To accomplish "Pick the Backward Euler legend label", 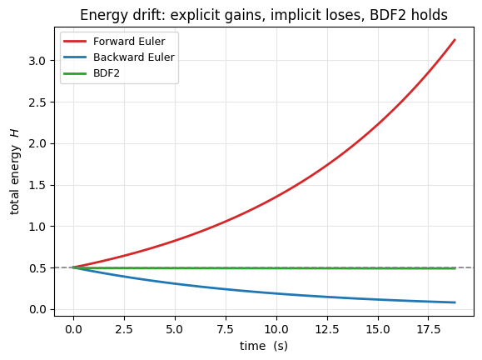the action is [x=134, y=57].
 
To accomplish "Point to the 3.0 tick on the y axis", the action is [x=37, y=61].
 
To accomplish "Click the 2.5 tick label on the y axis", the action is [x=37, y=102].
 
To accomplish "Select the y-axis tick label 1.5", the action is [x=37, y=185].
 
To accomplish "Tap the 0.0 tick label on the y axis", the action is [x=37, y=309].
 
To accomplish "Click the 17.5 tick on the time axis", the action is [x=429, y=329].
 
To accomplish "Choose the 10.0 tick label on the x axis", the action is [x=276, y=329].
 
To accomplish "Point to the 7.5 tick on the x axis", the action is [x=226, y=329].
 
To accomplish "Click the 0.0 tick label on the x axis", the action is [x=73, y=329].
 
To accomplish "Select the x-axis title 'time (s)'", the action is [x=264, y=346].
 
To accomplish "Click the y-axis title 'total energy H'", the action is [x=14, y=172].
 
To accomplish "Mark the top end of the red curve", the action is [x=455, y=40].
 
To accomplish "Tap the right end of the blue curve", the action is [x=455, y=302].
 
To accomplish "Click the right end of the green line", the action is [x=455, y=268].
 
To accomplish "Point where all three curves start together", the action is [x=73, y=267].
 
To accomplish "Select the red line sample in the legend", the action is [x=75, y=41].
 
